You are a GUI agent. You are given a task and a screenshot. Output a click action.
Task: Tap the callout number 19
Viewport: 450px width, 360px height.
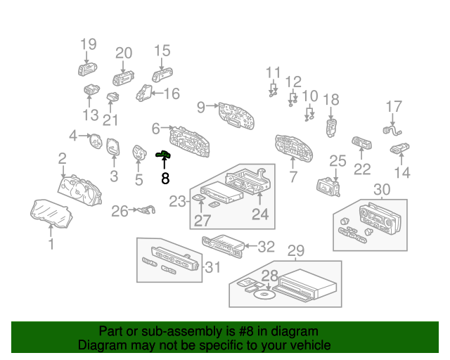click(88, 45)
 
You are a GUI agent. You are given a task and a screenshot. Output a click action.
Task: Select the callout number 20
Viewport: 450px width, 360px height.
click(124, 53)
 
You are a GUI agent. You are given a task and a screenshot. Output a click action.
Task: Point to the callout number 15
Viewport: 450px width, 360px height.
click(162, 51)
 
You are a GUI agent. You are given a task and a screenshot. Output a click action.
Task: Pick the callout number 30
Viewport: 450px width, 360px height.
click(382, 189)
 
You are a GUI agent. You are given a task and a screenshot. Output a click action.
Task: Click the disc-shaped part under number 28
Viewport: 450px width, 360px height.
click(262, 296)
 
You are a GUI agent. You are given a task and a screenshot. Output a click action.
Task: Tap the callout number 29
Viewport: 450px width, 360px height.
click(296, 250)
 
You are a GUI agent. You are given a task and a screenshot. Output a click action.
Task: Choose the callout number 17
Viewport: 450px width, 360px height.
click(394, 107)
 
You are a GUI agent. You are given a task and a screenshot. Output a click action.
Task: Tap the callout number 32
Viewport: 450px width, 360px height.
click(266, 246)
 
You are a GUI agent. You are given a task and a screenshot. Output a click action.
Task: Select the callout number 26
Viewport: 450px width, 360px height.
click(120, 210)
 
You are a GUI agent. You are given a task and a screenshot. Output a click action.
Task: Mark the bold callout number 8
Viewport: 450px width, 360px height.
click(165, 179)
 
